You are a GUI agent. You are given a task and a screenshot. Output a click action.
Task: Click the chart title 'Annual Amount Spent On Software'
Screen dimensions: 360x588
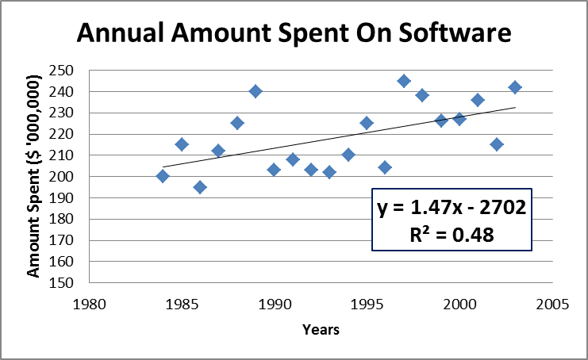click(x=294, y=34)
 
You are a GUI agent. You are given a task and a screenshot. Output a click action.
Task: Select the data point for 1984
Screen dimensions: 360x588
click(x=163, y=176)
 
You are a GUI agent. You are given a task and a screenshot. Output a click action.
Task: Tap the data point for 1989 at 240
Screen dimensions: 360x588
click(x=256, y=91)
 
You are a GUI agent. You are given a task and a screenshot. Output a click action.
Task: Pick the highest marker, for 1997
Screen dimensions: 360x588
click(x=404, y=81)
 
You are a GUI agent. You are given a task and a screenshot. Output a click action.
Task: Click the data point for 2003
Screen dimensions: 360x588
click(x=515, y=87)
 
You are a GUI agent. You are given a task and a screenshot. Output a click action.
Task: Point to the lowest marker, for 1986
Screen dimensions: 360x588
click(x=200, y=187)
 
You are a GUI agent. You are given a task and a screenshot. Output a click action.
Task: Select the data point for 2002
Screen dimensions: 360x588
click(x=497, y=144)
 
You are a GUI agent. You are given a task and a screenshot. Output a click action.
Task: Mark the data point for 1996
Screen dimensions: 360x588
click(x=386, y=167)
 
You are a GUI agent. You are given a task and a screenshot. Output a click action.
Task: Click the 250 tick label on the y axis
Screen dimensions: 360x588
click(x=63, y=71)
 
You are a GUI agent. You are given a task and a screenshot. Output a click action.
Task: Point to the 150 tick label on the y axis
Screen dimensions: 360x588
click(x=63, y=282)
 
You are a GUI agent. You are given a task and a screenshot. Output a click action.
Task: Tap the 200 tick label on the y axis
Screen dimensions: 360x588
click(x=63, y=176)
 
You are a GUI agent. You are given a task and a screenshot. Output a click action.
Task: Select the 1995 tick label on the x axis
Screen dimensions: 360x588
click(x=367, y=303)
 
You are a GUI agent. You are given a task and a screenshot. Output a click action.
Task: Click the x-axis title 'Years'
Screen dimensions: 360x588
click(x=321, y=330)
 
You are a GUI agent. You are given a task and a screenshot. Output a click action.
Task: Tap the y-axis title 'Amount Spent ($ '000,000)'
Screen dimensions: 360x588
click(x=33, y=176)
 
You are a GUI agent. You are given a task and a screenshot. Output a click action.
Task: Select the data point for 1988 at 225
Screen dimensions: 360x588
click(x=237, y=123)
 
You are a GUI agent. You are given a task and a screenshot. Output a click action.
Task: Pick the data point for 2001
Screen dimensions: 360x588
click(x=478, y=100)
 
